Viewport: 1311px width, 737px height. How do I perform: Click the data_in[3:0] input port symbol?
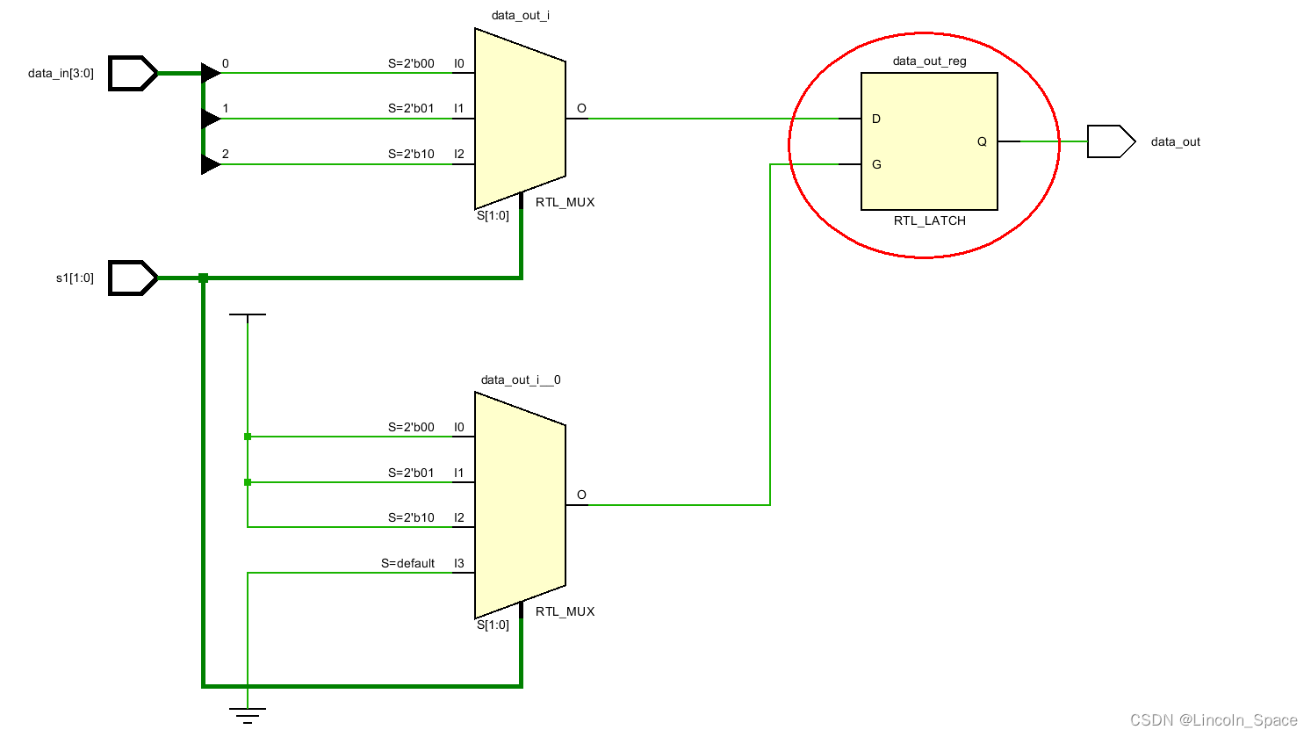(133, 74)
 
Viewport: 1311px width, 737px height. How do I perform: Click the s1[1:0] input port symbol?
(133, 278)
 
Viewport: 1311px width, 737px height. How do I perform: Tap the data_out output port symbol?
(1110, 141)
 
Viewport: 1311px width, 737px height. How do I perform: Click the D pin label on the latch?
(876, 119)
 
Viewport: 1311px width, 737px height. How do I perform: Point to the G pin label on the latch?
(876, 164)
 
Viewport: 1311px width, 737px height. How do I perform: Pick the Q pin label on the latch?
(982, 141)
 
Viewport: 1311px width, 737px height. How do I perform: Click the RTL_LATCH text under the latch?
(929, 220)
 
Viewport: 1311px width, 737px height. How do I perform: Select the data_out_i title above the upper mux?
(521, 16)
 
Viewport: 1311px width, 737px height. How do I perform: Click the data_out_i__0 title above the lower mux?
(521, 380)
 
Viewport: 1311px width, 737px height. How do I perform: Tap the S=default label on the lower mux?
(407, 563)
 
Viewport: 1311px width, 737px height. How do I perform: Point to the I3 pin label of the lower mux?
(458, 563)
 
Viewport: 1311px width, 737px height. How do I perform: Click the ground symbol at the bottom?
(248, 715)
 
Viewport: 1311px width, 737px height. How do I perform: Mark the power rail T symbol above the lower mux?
(248, 314)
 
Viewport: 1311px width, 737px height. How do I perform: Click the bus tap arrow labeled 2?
(211, 164)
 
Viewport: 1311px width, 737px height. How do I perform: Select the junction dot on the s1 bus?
(204, 278)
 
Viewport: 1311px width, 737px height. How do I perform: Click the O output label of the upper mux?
(581, 108)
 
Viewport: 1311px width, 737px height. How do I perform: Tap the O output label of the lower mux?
(581, 495)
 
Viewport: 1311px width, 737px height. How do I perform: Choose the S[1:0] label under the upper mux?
(493, 215)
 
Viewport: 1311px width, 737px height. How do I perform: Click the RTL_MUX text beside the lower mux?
(565, 611)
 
